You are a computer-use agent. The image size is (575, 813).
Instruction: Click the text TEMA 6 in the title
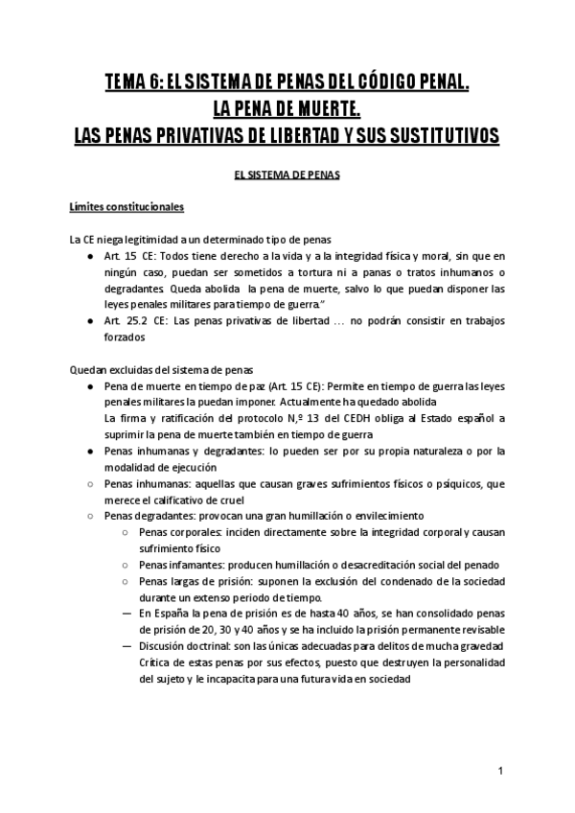tap(130, 82)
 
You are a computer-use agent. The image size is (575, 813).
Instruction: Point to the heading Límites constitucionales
tap(126, 206)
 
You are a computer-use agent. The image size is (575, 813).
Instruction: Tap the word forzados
tap(123, 337)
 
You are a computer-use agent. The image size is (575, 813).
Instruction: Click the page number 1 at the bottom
tap(501, 772)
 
